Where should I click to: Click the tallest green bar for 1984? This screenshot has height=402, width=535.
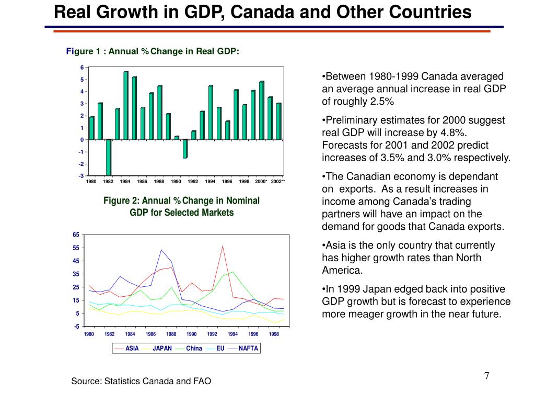click(x=126, y=106)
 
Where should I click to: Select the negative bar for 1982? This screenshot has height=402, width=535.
click(x=109, y=158)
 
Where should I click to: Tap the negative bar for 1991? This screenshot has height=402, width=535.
click(x=185, y=149)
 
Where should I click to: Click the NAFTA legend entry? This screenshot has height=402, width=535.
click(x=243, y=348)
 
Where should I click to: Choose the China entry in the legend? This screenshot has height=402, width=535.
click(x=189, y=348)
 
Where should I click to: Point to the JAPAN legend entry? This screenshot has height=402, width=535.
click(x=157, y=348)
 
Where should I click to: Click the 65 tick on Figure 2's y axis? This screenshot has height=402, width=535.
click(x=76, y=235)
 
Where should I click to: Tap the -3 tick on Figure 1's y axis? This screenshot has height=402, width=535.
click(x=81, y=176)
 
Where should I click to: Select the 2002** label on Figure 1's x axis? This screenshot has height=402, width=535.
click(x=278, y=182)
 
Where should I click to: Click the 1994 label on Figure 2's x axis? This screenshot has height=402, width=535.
click(x=232, y=334)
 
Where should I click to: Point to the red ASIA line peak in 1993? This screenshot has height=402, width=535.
click(x=223, y=246)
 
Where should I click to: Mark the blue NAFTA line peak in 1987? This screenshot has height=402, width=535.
click(x=161, y=250)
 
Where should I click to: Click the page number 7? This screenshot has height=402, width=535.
click(x=486, y=376)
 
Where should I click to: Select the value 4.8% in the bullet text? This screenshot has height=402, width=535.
click(x=452, y=132)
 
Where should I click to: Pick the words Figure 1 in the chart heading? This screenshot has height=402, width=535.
click(x=79, y=51)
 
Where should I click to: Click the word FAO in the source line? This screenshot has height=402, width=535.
click(x=202, y=381)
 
